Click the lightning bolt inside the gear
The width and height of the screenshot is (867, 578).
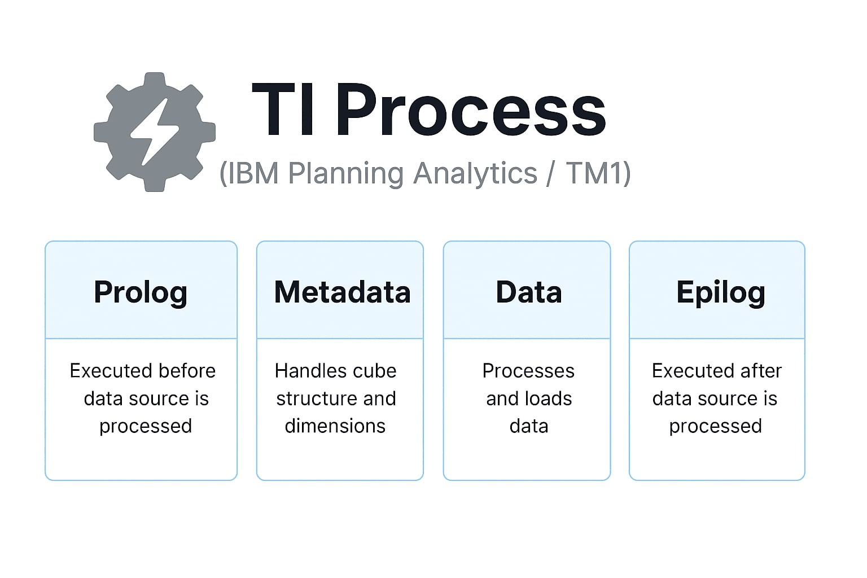coord(155,132)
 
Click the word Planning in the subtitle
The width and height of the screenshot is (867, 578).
coord(346,174)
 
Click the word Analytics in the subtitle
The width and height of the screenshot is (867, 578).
coord(475,174)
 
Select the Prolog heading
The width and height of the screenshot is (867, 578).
coord(141,293)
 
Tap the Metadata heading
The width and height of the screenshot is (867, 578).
coord(342,292)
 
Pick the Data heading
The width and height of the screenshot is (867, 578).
coord(529,292)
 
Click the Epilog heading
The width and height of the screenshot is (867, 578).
coord(721,293)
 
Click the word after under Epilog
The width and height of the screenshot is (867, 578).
coord(761,371)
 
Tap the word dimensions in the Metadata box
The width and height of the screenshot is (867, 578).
coord(335,426)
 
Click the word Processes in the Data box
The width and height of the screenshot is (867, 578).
coord(528,371)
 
